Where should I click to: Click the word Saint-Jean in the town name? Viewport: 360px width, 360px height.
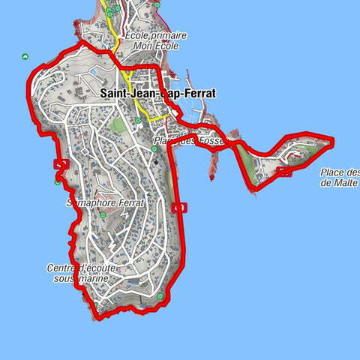[124, 94]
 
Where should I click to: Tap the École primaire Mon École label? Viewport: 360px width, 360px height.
[156, 40]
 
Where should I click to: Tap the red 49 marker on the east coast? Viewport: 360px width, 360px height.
[178, 208]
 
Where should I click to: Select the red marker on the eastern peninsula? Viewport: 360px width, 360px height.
[283, 172]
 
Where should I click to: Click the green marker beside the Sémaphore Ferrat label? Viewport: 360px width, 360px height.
[102, 215]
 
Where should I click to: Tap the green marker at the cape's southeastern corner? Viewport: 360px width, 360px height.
[160, 297]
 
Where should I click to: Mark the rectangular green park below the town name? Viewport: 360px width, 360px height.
[117, 125]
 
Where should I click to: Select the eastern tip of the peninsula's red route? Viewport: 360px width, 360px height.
[332, 140]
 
